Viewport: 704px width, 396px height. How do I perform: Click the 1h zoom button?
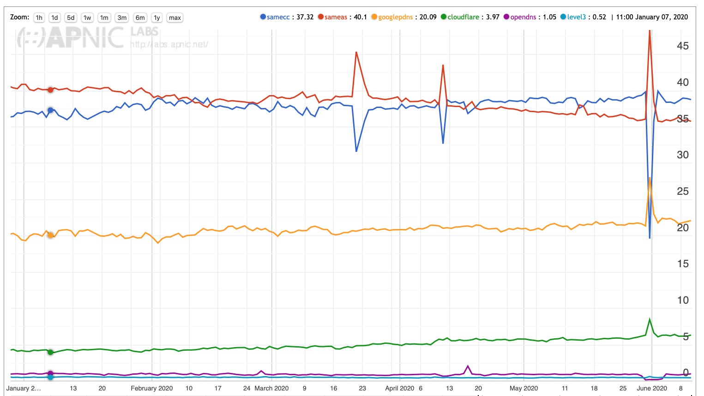39,18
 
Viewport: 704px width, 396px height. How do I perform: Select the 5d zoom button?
71,18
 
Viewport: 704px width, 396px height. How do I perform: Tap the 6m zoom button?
140,18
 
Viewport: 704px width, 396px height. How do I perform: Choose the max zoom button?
175,18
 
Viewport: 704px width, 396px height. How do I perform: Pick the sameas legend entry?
336,17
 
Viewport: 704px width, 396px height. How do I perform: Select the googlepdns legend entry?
395,17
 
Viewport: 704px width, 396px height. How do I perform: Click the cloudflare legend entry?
463,17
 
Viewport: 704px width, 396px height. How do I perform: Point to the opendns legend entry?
523,17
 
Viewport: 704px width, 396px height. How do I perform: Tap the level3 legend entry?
576,17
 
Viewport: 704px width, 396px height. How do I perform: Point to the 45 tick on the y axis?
682,46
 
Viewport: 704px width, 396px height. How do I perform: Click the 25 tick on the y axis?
682,192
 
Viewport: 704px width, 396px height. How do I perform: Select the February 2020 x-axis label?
151,388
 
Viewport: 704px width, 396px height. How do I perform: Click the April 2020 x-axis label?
400,388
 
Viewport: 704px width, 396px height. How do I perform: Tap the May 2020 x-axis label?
523,388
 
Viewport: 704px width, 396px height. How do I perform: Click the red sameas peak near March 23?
356,52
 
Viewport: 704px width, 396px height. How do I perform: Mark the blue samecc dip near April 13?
443,143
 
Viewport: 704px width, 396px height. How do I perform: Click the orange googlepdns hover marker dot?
50,235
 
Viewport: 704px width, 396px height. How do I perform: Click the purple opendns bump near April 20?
468,366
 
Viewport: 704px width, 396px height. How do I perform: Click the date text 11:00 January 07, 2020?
652,17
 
